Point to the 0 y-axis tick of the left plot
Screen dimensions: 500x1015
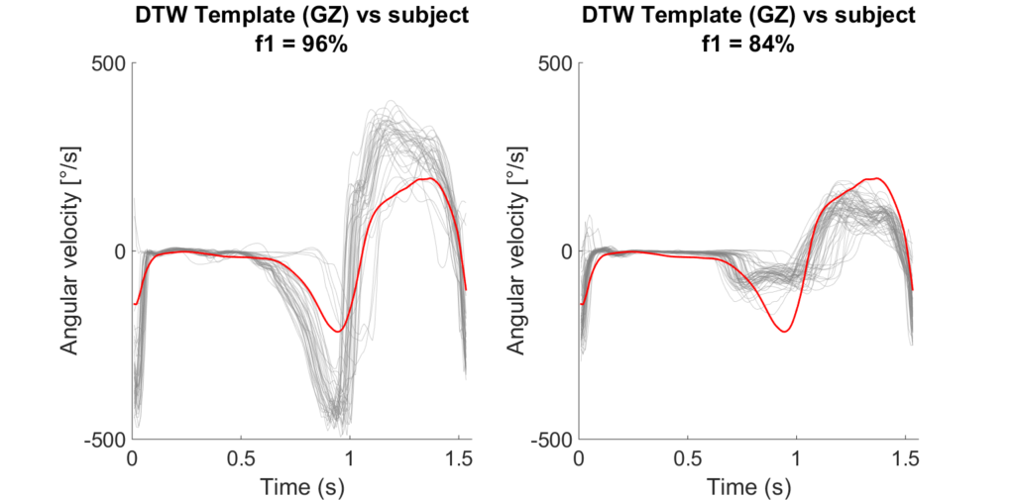pos(119,250)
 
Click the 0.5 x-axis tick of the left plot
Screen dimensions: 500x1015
pos(241,459)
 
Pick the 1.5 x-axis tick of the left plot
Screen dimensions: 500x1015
pos(457,459)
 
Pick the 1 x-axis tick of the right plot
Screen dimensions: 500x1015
pos(795,459)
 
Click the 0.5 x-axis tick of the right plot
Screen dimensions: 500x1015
pos(686,459)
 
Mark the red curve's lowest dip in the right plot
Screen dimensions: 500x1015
pos(785,331)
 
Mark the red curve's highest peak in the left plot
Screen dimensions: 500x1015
pos(424,178)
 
